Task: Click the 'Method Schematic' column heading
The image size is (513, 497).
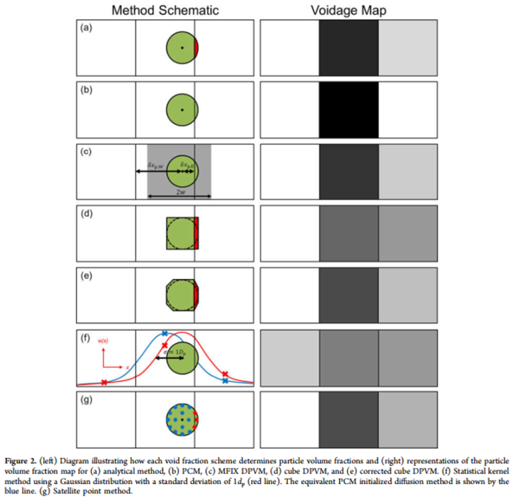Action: (x=164, y=11)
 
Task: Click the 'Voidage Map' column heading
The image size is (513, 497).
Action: (x=348, y=11)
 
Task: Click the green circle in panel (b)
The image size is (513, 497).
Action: (x=182, y=109)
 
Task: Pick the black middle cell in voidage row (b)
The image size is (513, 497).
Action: (x=348, y=109)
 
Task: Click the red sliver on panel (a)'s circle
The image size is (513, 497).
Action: (x=196, y=48)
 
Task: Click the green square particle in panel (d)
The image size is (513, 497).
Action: (x=180, y=233)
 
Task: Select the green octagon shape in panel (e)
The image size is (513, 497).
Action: (x=180, y=295)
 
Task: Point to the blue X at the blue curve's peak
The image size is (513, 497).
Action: (x=164, y=334)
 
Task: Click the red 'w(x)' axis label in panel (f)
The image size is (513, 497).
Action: (x=104, y=341)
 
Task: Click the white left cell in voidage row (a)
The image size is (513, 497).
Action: (x=289, y=48)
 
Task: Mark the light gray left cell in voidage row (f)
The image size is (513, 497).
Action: (x=289, y=357)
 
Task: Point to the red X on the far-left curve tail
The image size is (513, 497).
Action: (x=104, y=382)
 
